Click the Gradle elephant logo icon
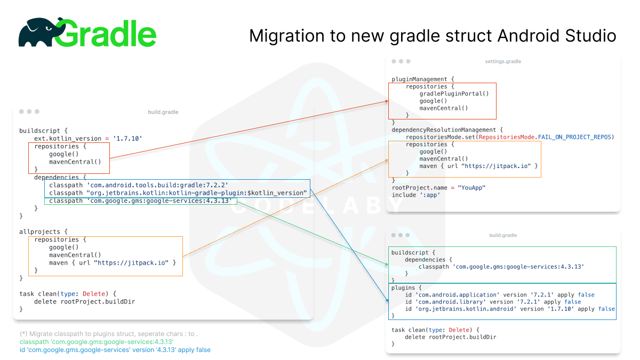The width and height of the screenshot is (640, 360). pos(36,33)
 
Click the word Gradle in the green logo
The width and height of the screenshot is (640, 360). pos(106,34)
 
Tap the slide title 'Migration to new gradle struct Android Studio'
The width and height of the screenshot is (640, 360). pos(433,36)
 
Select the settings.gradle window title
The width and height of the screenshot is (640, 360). pos(502,61)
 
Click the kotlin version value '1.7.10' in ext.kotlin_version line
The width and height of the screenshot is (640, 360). pos(129,138)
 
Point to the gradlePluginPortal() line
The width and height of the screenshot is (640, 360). pos(454,93)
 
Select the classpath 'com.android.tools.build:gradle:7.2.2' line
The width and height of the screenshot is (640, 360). pos(138,185)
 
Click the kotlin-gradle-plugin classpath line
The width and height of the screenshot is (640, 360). pos(178,193)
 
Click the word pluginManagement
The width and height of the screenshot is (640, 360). pos(419,79)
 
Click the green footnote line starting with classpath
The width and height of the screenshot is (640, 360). pos(97,342)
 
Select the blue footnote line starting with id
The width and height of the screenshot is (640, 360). pos(115,350)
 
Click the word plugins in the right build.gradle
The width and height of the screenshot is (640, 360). pos(403,287)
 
